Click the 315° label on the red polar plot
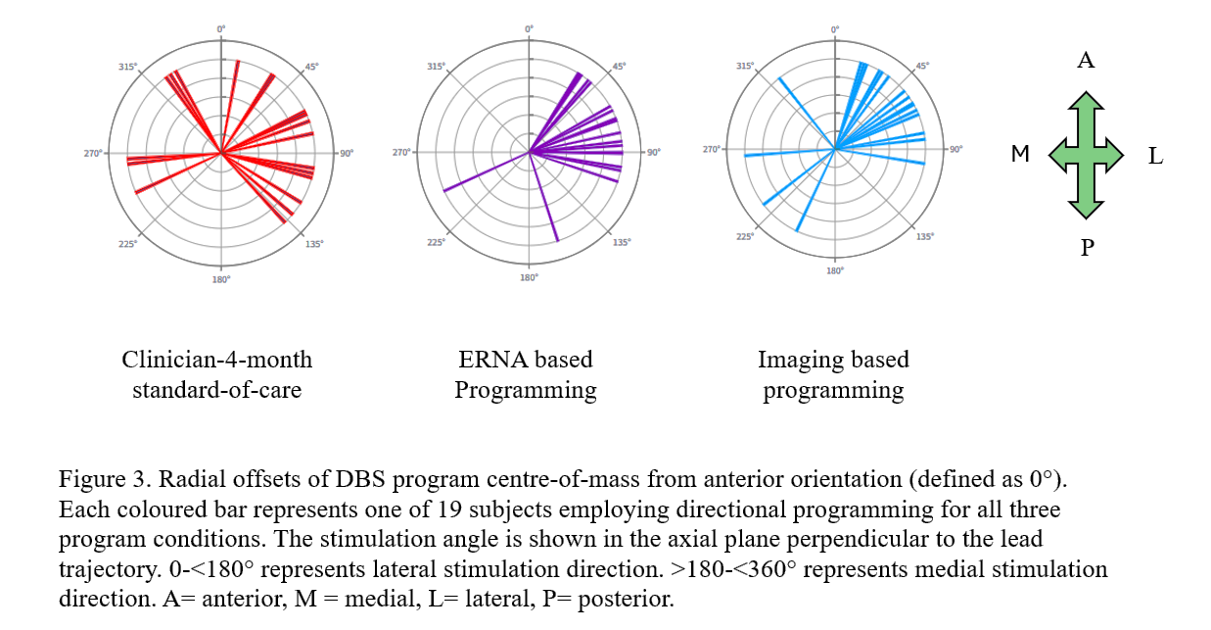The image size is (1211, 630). [127, 67]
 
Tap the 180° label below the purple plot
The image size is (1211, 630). [529, 278]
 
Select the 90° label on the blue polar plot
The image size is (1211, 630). [955, 149]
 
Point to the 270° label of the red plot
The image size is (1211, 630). [93, 153]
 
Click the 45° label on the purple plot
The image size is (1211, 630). [620, 67]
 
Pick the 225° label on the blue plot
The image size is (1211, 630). [745, 236]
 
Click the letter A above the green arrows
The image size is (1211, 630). [1086, 61]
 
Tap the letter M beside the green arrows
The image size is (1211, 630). [1020, 154]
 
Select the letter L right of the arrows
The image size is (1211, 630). [1156, 156]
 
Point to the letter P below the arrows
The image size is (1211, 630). [1087, 248]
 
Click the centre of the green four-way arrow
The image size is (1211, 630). [1086, 155]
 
